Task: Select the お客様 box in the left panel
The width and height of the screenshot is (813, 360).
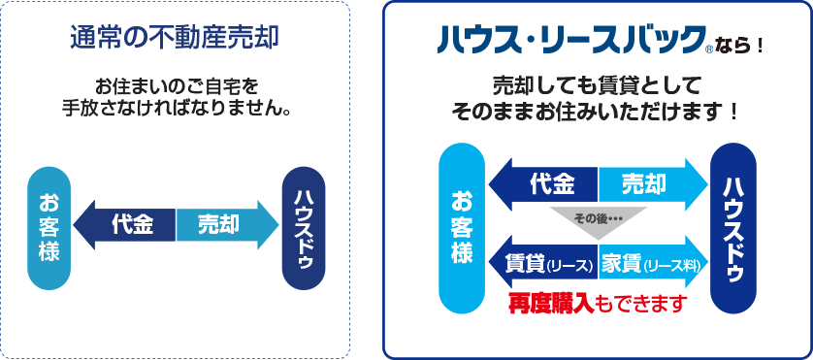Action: [49, 228]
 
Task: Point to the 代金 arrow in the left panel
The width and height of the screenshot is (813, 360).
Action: [126, 224]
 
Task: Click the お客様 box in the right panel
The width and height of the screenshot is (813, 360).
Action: [461, 228]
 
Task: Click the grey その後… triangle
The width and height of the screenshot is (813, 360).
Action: [598, 217]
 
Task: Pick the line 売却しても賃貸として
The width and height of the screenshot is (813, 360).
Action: [596, 82]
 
